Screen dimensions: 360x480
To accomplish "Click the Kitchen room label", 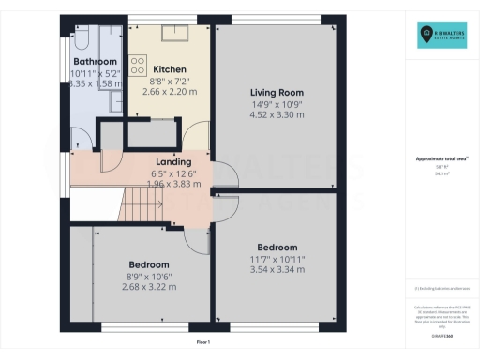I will click(170, 69).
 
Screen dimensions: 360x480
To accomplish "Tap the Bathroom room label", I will click(95, 61).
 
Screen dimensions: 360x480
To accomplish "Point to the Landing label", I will click(172, 161).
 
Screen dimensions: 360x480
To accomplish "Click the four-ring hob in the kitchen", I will click(137, 67).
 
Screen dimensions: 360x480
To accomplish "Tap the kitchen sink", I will click(175, 36).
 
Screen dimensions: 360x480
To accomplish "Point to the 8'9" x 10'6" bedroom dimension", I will click(150, 276).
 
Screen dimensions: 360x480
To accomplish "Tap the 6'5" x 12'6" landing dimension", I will click(172, 172).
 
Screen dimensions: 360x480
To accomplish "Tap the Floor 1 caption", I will click(202, 343).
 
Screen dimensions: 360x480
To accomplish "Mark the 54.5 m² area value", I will click(442, 174).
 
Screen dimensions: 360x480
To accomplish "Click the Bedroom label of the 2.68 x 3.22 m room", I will click(150, 264).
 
